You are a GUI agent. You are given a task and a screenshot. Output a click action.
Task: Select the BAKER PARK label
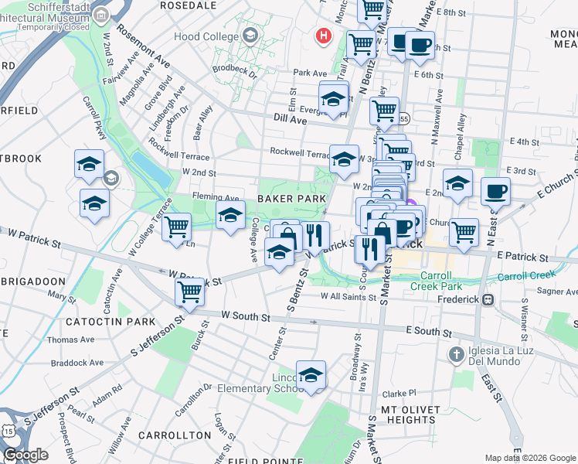pos(291,199)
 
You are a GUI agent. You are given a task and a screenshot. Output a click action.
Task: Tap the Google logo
pos(25,454)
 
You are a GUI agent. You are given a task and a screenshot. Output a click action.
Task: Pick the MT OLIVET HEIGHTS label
pos(410,415)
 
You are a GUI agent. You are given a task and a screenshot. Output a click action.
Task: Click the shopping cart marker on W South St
pos(189,292)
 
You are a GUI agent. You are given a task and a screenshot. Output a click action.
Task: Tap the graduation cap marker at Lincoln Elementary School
pos(311,375)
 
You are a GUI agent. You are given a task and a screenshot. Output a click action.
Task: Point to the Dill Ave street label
pos(291,119)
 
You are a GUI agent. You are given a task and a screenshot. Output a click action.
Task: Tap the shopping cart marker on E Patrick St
pos(464,231)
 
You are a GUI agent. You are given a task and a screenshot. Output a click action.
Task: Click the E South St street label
pos(429,331)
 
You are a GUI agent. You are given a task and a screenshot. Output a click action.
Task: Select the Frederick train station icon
pos(488,299)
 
